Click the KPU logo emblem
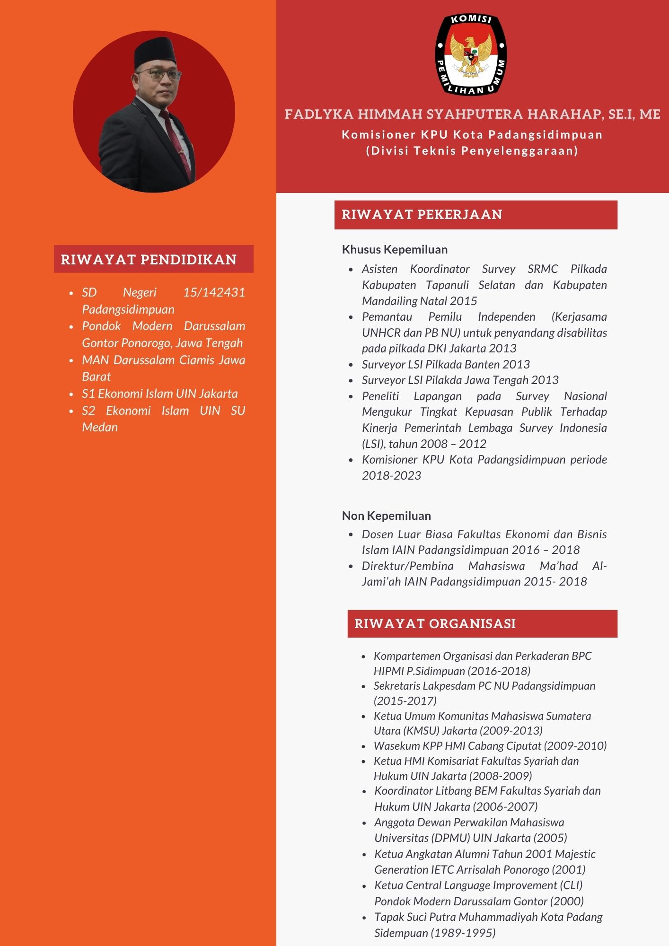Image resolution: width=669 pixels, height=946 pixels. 471,54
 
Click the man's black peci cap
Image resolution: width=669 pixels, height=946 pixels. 155,52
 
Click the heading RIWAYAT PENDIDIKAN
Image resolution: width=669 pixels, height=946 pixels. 149,259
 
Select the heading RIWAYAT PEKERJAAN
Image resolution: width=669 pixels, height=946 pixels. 422,215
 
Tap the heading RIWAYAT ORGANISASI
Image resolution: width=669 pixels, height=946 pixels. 435,623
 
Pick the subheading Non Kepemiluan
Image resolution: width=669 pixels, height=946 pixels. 386,516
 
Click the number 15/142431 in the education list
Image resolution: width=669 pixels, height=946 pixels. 214,292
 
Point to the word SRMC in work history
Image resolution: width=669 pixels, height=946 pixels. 543,269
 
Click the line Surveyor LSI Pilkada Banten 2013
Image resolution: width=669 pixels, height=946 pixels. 445,364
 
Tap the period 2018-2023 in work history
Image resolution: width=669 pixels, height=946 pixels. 391,475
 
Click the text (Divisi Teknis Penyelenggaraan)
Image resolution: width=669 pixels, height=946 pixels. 472,151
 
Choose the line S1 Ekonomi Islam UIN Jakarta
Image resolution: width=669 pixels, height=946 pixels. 159,394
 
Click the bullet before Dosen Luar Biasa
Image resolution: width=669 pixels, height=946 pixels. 351,534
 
